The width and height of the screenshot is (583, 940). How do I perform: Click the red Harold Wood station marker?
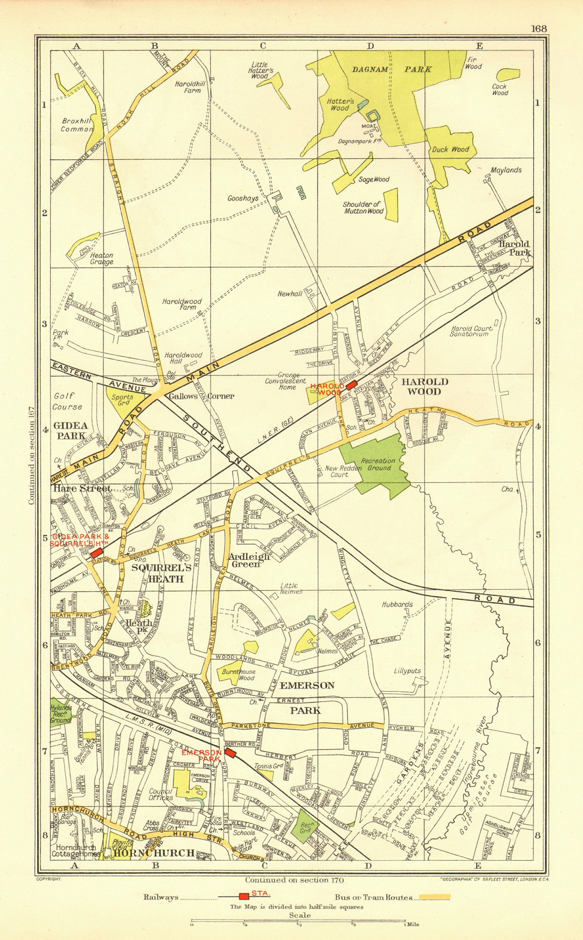pos(351,385)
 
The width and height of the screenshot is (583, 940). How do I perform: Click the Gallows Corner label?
pos(201,396)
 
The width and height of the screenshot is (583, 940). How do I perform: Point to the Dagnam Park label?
pos(391,69)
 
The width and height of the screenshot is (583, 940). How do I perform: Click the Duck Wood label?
pos(451,149)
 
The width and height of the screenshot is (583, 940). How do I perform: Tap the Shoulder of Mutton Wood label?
pos(363,208)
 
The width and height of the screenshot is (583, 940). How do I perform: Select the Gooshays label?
pos(243,199)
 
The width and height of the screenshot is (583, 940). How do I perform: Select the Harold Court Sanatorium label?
pos(470,331)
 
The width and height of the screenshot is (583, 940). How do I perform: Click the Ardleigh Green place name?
pos(249,560)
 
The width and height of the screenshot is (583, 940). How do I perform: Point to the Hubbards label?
pos(397,604)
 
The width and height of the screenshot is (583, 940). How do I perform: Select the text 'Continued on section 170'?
pos(294,879)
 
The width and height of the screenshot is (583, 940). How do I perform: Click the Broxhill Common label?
pos(77,125)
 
